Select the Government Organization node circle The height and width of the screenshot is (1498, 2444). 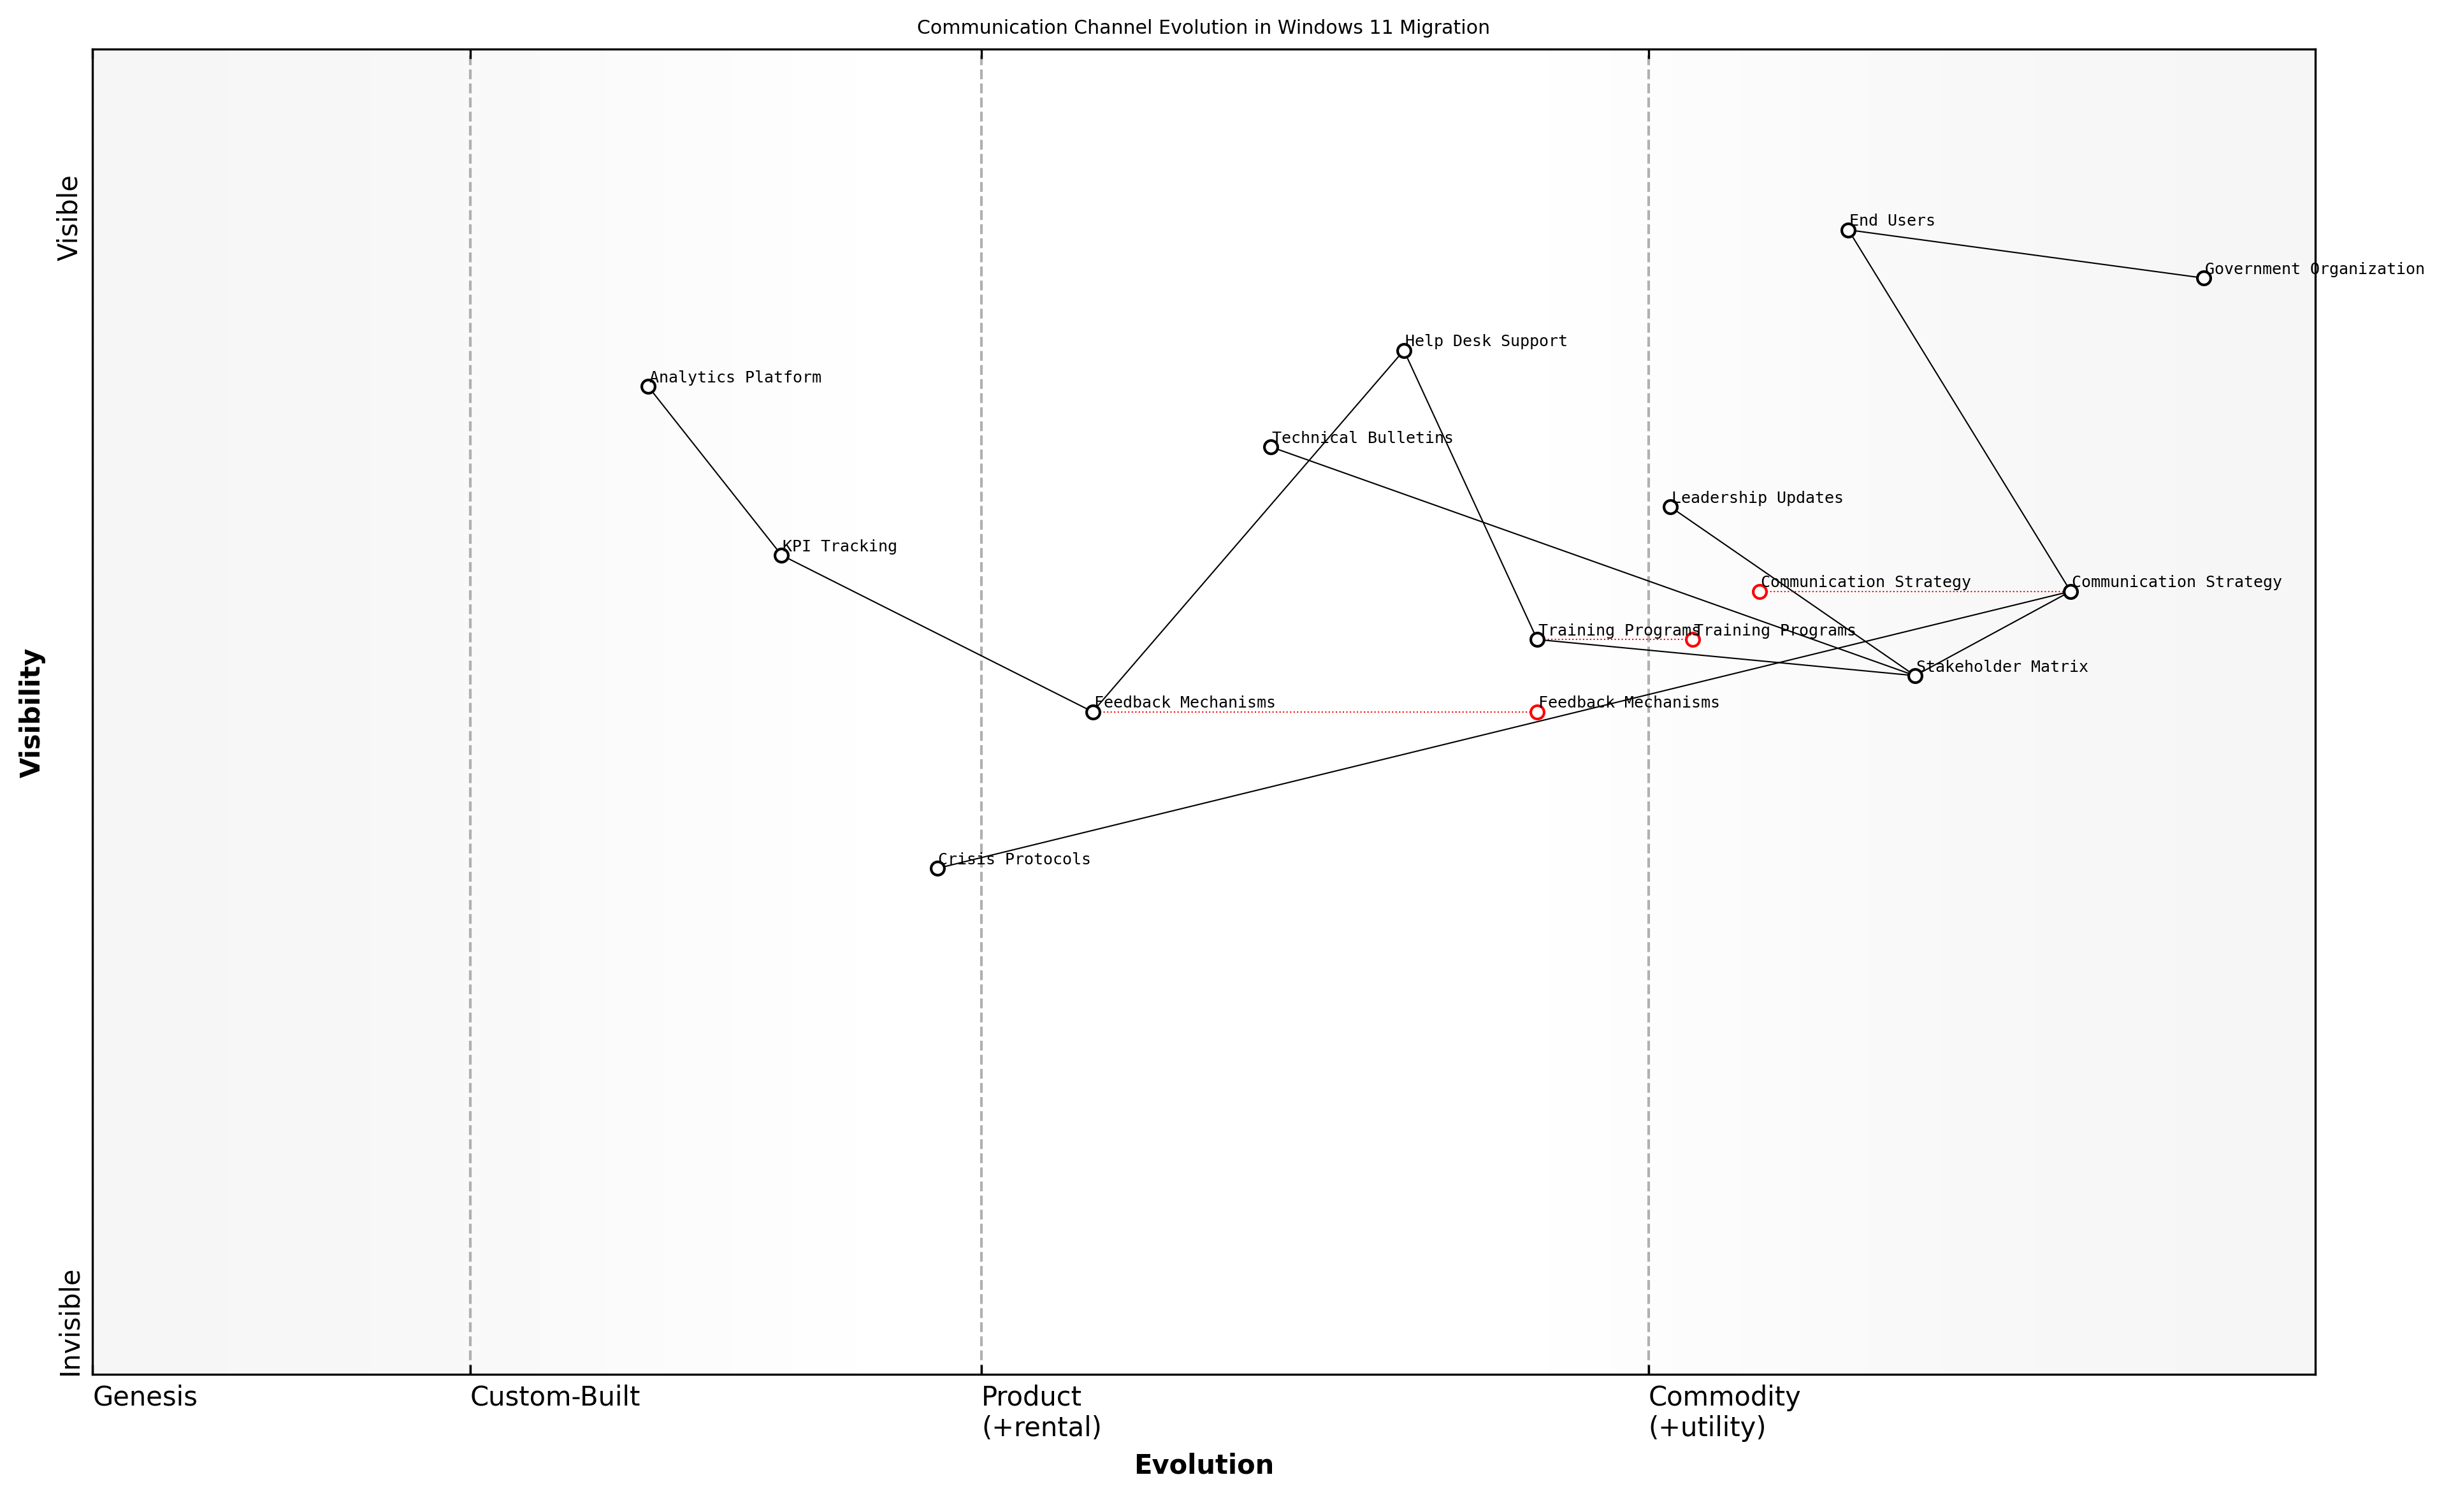coord(2204,279)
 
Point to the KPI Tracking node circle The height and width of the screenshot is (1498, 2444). coord(781,556)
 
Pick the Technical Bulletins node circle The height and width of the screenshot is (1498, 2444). coord(1271,447)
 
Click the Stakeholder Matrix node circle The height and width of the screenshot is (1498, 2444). coord(1915,676)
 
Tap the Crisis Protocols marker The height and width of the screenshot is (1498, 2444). coord(937,869)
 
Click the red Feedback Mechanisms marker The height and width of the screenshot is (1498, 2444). coord(1537,712)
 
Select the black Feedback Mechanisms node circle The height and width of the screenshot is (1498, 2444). coord(1093,712)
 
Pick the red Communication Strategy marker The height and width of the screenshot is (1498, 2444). coord(1760,592)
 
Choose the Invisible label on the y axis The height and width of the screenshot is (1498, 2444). coord(69,1323)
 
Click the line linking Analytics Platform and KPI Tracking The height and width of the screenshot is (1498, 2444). coord(715,471)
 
